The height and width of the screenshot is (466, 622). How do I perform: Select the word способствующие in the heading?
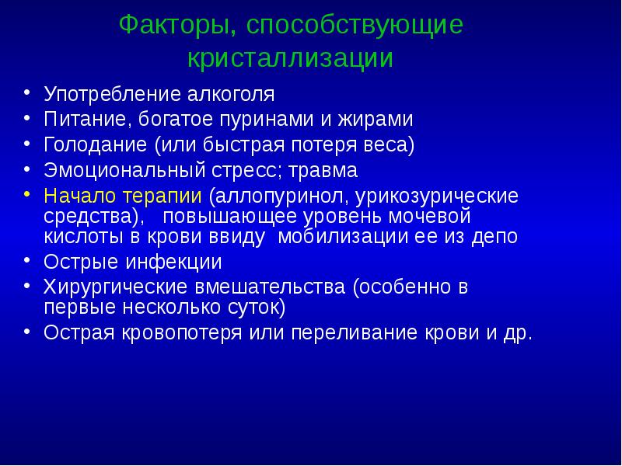(x=355, y=25)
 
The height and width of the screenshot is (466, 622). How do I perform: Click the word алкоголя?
(x=231, y=96)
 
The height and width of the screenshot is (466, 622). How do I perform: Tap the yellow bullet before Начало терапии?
(x=27, y=193)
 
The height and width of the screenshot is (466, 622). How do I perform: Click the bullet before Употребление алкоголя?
(x=27, y=94)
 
